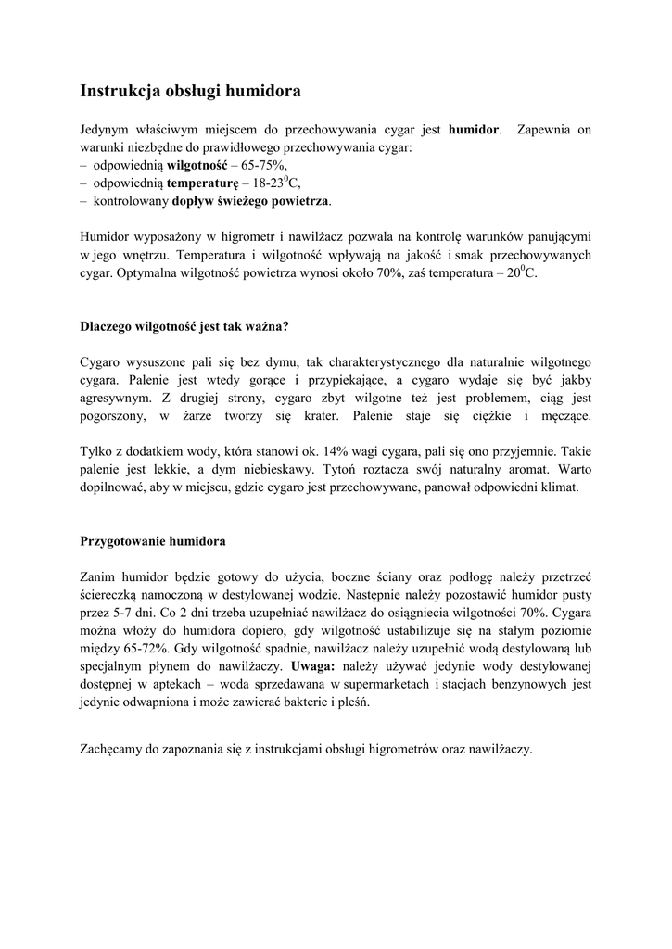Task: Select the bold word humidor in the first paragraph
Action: pyautogui.click(x=474, y=130)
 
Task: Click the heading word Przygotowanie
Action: pyautogui.click(x=124, y=540)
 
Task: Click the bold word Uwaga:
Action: pyautogui.click(x=312, y=666)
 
